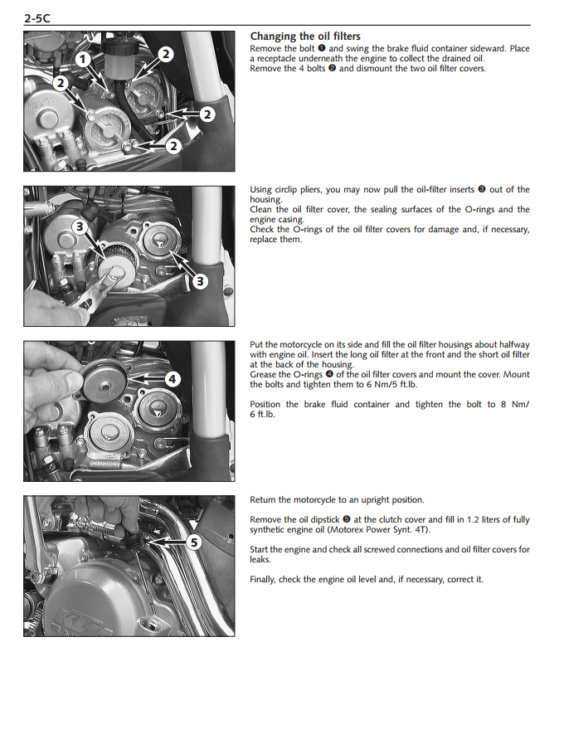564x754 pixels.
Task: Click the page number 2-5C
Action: [x=41, y=16]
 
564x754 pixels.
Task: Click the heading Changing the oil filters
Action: [x=305, y=36]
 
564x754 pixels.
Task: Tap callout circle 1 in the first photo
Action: [x=83, y=59]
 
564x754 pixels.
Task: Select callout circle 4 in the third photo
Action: [x=172, y=379]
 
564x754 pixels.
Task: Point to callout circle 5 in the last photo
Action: [x=192, y=542]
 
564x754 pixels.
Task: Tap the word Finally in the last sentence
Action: [x=265, y=579]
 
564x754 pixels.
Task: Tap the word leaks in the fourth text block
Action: [x=260, y=560]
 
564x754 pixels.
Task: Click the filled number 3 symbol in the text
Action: [x=481, y=190]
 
